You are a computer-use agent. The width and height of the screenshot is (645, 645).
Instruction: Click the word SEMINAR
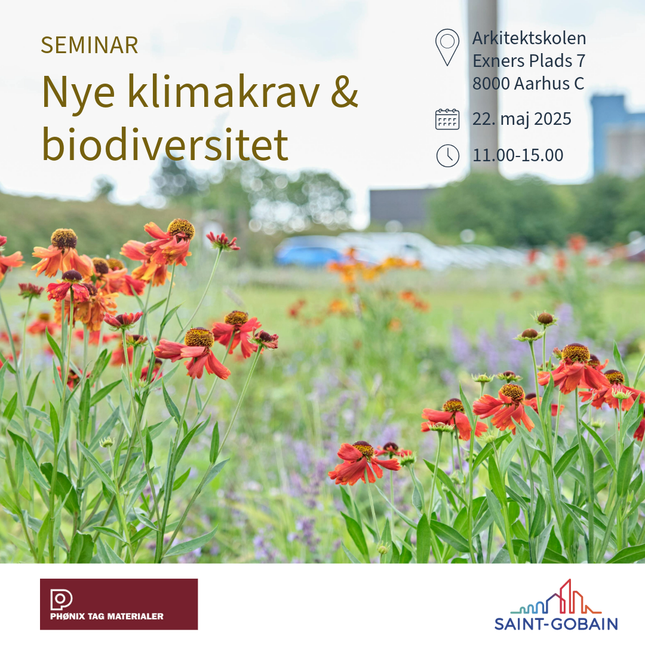tap(89, 45)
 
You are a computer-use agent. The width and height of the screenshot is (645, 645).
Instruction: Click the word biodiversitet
tap(165, 143)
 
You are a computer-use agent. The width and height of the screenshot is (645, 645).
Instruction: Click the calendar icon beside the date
tap(447, 119)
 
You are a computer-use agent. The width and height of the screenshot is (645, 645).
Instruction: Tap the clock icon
tap(447, 156)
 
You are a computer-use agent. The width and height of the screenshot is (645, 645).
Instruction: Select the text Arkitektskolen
tap(529, 38)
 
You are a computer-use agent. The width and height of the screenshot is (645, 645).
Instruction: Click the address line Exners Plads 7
tap(529, 61)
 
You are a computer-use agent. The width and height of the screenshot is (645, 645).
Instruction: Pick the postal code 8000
tap(492, 84)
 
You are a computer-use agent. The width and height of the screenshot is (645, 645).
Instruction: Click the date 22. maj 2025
tap(521, 119)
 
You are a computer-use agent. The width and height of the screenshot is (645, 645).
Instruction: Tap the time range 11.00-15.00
tap(518, 155)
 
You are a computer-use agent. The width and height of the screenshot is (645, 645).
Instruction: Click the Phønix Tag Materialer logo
tap(119, 604)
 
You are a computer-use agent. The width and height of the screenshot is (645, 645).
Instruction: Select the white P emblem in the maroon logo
tap(61, 600)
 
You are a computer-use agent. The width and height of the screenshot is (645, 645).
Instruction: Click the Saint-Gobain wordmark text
tap(556, 623)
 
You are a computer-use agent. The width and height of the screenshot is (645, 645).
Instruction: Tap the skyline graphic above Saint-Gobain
tap(556, 597)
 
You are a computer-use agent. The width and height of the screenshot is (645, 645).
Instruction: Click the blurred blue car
tap(310, 251)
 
